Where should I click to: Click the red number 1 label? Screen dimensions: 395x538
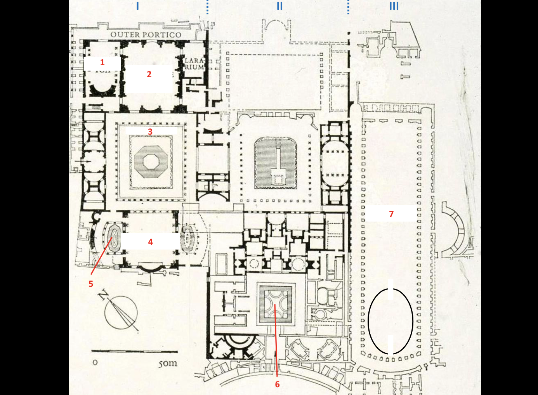point(102,62)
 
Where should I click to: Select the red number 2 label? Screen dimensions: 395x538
point(149,74)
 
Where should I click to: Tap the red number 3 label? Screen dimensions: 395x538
point(150,132)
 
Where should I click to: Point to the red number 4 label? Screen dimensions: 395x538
point(151,242)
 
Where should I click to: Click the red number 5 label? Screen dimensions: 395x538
point(91,284)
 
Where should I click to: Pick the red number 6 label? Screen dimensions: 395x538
point(277,384)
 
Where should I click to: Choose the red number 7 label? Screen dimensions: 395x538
point(391,214)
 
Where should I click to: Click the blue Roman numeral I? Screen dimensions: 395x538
point(137,6)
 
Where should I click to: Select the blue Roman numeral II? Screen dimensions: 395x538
point(279,6)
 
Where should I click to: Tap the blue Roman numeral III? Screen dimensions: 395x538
point(394,6)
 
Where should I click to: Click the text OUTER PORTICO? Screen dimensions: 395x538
point(146,35)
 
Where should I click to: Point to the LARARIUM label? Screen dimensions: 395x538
point(194,64)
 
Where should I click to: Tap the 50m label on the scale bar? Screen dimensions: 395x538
point(168,364)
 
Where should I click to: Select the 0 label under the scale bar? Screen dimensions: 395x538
point(95,363)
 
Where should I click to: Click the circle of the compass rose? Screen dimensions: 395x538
point(121,312)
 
